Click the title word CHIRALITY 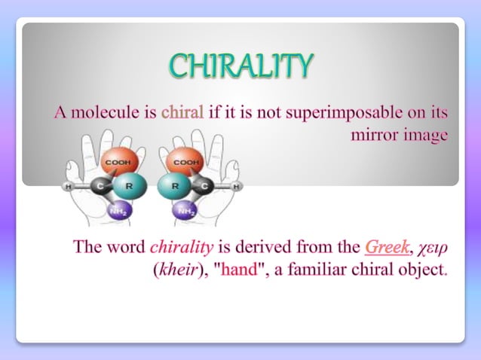coord(240,66)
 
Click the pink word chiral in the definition coord(182,114)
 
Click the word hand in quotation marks coord(240,268)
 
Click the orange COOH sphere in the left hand coord(118,162)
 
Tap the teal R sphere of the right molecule coord(173,185)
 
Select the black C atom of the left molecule coord(99,185)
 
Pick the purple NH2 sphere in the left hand coord(117,210)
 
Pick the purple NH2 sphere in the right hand coord(184,210)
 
